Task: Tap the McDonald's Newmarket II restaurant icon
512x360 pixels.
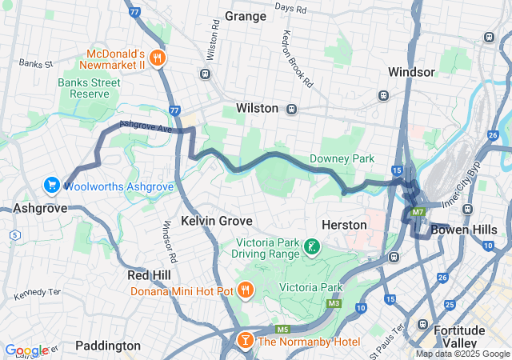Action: point(158,57)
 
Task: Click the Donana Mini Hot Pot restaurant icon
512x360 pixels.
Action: point(245,291)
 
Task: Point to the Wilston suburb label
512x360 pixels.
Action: point(257,108)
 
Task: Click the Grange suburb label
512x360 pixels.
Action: point(246,16)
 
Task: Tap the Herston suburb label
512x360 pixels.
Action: point(344,225)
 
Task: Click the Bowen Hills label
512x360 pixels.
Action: point(460,230)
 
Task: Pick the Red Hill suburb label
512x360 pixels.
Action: point(148,275)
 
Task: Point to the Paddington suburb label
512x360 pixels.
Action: point(108,346)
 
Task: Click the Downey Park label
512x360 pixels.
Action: point(342,158)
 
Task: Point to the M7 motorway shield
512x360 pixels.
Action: point(418,212)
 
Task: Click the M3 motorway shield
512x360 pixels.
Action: point(333,305)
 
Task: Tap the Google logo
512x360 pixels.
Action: point(26,350)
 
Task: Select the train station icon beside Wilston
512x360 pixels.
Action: point(291,108)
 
